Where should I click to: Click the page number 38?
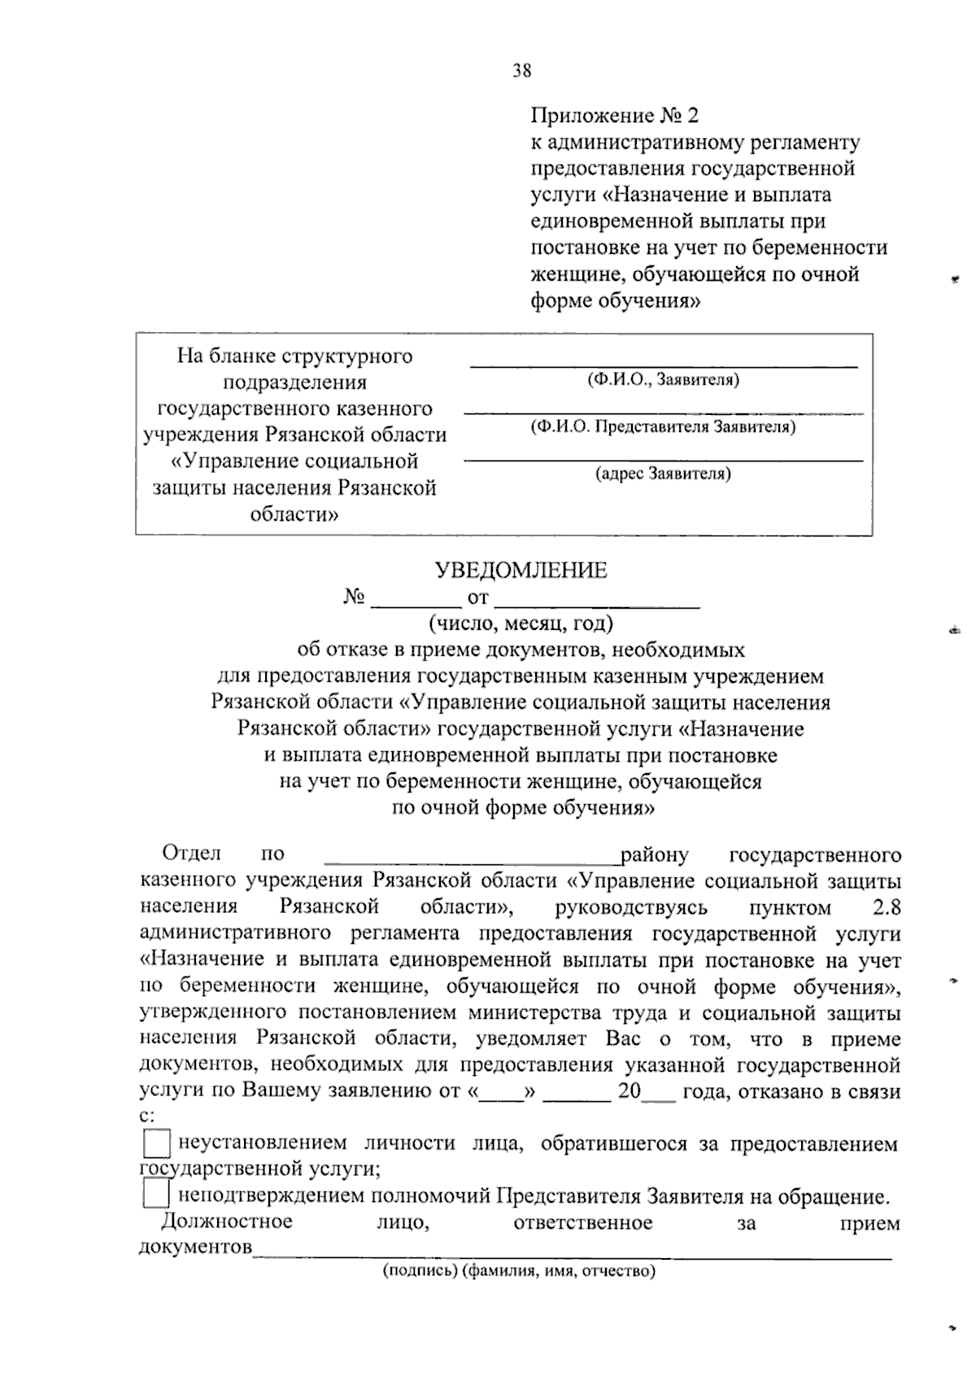tap(521, 71)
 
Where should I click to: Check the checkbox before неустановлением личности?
tap(156, 1145)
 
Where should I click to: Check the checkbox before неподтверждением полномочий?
tap(156, 1195)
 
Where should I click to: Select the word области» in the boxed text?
tap(294, 515)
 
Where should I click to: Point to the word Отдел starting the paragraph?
tap(191, 854)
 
